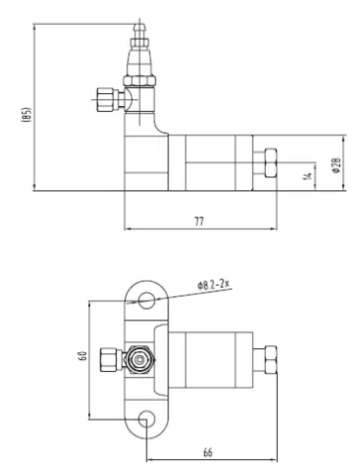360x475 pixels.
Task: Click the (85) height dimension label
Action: click(x=27, y=115)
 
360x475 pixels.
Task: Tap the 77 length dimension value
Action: click(x=199, y=221)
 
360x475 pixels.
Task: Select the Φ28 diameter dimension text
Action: click(x=336, y=165)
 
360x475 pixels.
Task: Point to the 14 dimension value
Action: click(x=308, y=176)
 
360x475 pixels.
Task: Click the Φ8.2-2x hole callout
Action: click(x=213, y=284)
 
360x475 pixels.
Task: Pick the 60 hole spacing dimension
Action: click(x=83, y=355)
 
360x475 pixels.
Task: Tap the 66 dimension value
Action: click(x=208, y=452)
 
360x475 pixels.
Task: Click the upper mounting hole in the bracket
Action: click(x=146, y=300)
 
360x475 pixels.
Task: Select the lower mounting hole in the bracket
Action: click(x=146, y=420)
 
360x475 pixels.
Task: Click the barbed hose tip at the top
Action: click(x=139, y=31)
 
